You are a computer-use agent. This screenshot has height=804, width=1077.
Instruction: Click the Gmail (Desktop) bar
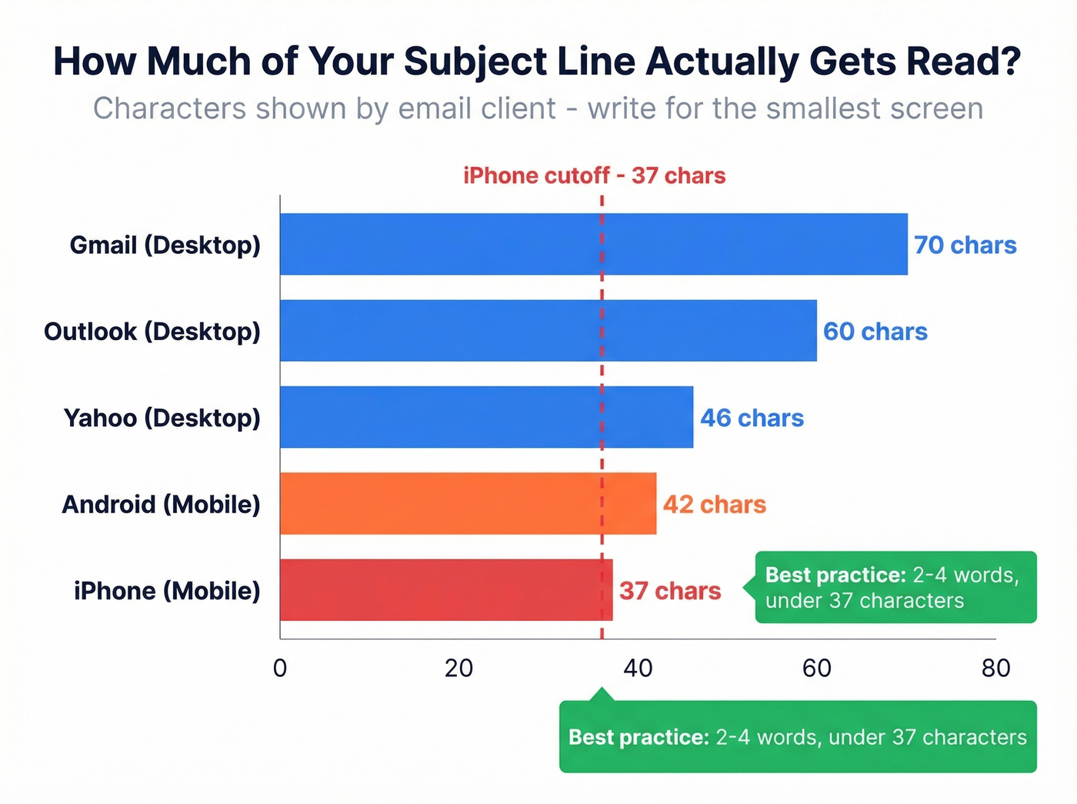[593, 244]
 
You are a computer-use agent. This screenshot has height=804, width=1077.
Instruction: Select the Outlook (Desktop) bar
[548, 331]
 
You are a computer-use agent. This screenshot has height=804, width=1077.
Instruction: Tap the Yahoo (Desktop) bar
[486, 417]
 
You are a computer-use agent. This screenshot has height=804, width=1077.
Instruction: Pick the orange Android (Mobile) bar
[468, 504]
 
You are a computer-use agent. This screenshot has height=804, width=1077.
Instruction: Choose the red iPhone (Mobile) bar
[446, 590]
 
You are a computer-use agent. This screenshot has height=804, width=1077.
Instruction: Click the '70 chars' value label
[965, 245]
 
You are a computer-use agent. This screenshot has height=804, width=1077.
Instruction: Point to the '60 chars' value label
[875, 332]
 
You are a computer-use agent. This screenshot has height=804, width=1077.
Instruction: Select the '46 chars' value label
[752, 418]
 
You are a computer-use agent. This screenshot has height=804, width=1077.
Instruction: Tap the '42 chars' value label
[715, 505]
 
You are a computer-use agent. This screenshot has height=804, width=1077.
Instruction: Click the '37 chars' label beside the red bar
[670, 591]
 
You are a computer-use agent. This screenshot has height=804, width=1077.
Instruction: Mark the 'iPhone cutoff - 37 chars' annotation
[594, 175]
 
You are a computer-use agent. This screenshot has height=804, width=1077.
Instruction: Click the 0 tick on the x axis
[280, 668]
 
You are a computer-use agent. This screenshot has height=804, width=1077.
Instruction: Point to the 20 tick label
[458, 668]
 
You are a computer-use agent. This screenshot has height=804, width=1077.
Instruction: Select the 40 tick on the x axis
[638, 668]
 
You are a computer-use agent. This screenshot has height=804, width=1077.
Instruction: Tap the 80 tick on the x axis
[995, 668]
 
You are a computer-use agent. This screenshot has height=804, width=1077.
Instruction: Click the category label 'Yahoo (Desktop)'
[162, 418]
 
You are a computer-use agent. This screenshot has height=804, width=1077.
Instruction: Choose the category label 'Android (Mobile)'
[161, 505]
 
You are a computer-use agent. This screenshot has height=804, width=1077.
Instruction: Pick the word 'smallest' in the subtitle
[821, 108]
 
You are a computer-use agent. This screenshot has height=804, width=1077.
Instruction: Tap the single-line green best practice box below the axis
[797, 737]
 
